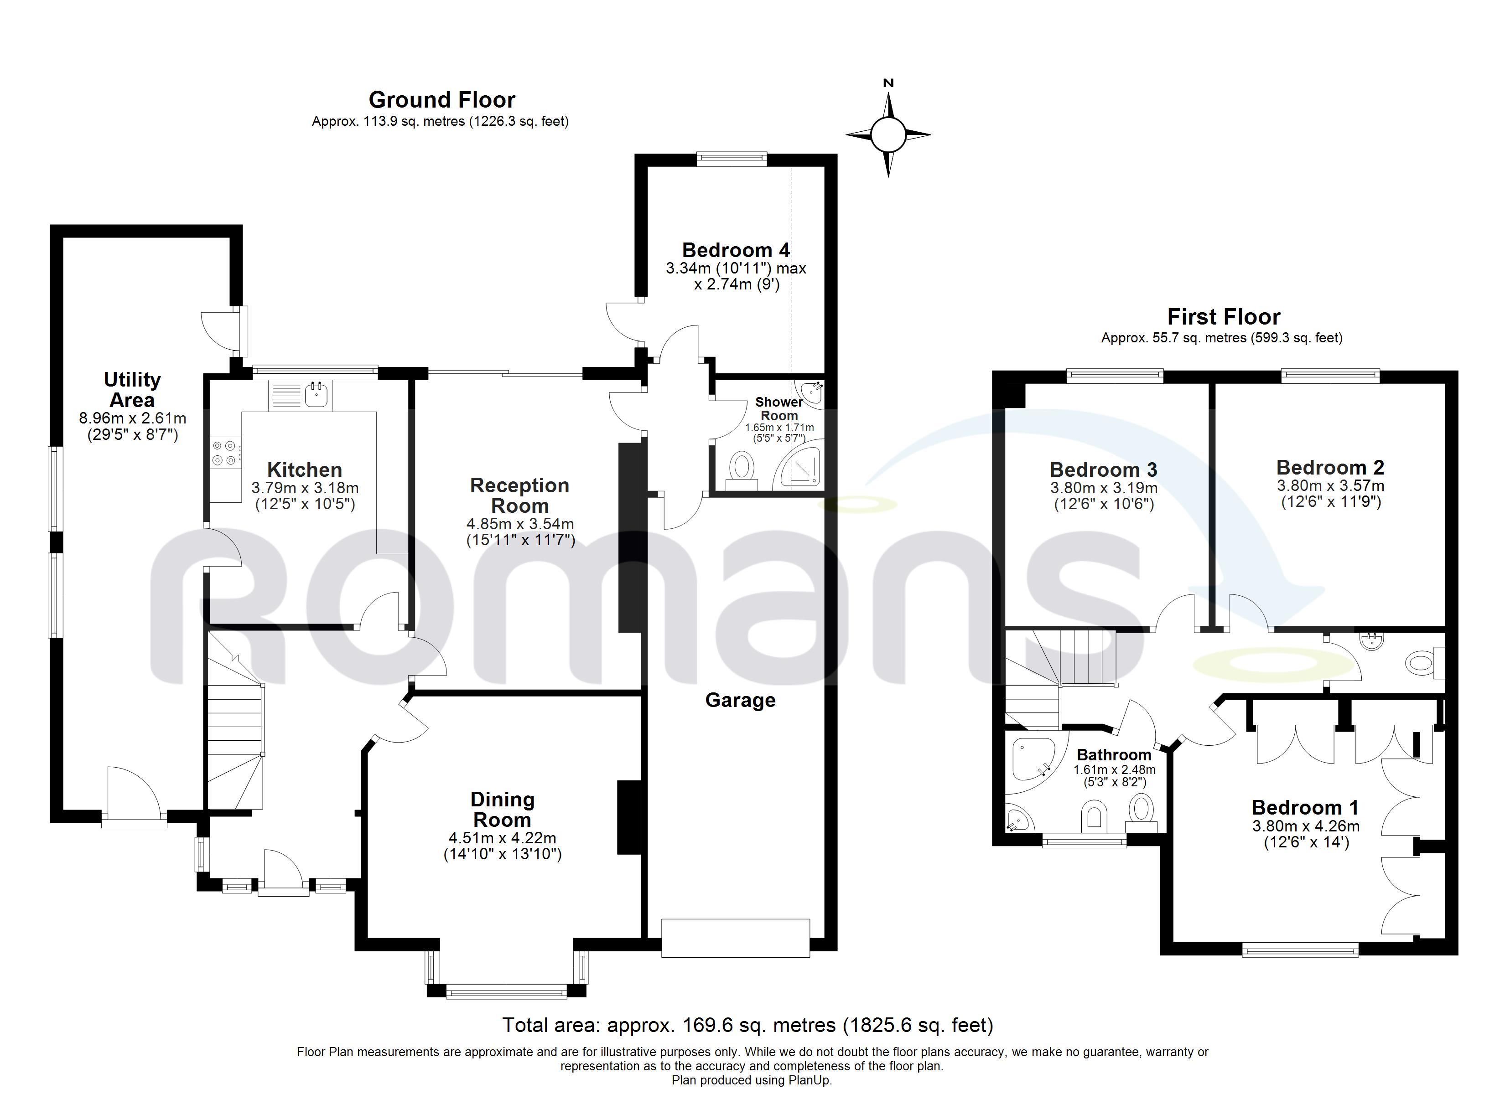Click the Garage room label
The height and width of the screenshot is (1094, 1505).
(x=740, y=701)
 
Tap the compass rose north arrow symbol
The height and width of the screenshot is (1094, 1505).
(x=888, y=134)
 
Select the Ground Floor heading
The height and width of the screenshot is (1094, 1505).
(x=442, y=100)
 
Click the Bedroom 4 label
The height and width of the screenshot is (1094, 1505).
(x=736, y=250)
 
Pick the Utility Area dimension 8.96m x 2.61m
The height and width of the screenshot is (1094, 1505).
(x=133, y=418)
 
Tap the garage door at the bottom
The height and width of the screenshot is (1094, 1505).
(x=735, y=938)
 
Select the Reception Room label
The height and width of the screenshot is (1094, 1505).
(x=519, y=495)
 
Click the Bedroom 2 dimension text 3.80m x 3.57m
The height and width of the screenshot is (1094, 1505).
(x=1330, y=485)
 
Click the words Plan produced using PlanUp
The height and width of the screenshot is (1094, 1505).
(x=752, y=1080)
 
